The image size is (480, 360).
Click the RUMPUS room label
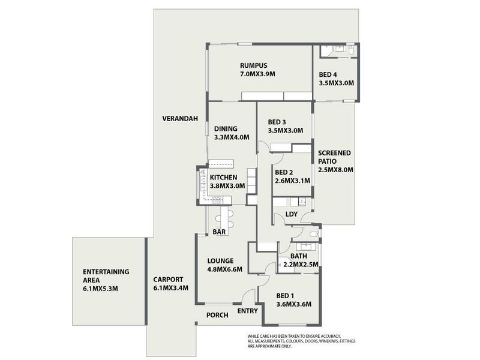[x=253, y=65]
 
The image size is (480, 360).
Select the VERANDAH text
[x=180, y=119]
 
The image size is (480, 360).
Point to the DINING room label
[x=226, y=128]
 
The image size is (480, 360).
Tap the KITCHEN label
[x=223, y=177]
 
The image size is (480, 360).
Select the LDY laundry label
[x=292, y=214]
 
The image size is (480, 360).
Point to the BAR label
[x=218, y=232]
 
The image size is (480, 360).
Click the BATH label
[x=299, y=256]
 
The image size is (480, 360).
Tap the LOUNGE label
[x=221, y=261]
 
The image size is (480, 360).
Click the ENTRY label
[x=247, y=311]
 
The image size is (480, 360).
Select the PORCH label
[x=217, y=315]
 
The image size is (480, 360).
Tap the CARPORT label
[x=168, y=280]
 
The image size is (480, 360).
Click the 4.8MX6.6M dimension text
[x=224, y=269]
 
